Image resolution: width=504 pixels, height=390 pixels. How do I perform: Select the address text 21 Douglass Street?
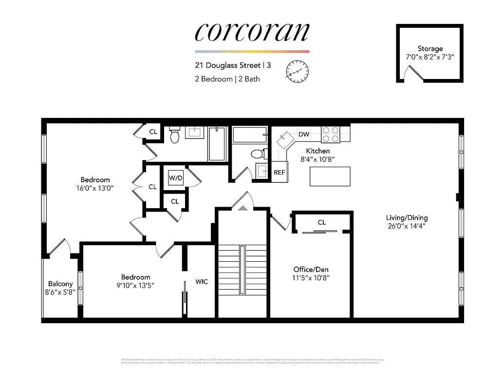click(x=226, y=65)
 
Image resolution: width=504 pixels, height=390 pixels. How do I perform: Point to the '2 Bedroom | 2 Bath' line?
click(x=227, y=79)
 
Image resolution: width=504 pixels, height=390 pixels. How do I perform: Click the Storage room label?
click(x=430, y=49)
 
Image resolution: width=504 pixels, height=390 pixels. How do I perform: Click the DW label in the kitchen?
click(x=304, y=134)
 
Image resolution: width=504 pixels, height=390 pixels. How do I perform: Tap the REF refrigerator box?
click(x=280, y=172)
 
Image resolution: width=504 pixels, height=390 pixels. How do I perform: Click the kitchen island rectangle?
click(x=330, y=176)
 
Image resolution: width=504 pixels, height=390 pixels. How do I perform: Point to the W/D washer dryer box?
click(x=176, y=177)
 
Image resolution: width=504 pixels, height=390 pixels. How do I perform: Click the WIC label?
click(x=202, y=281)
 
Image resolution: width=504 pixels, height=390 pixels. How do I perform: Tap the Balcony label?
click(x=60, y=284)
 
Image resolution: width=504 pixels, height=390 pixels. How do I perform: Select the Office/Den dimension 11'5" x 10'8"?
click(x=311, y=278)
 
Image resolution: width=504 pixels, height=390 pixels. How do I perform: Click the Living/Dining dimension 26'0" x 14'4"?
click(x=407, y=227)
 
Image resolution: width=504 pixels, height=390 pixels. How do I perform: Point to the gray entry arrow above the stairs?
click(x=243, y=208)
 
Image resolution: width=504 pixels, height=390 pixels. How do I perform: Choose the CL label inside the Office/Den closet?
click(x=321, y=222)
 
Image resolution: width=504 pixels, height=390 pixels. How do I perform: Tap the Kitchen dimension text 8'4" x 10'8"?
click(x=318, y=159)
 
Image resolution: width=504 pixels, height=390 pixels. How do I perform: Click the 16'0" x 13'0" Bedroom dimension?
click(x=95, y=188)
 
